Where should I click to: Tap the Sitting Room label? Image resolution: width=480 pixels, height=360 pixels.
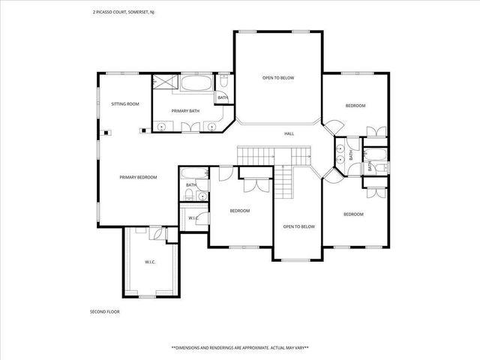[125, 103]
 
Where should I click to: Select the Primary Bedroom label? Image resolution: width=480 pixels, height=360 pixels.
[138, 177]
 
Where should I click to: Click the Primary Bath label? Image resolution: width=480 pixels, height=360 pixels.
[184, 111]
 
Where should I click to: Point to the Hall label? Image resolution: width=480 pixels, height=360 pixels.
[289, 133]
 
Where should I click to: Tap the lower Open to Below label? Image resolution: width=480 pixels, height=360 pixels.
[298, 226]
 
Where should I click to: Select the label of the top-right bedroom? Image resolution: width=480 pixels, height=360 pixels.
[355, 106]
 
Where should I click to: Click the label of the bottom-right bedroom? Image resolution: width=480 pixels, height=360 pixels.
[353, 214]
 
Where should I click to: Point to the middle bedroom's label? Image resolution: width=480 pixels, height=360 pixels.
[239, 211]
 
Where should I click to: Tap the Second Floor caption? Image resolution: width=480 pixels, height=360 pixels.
[104, 311]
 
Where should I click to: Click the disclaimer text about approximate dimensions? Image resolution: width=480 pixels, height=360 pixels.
[240, 348]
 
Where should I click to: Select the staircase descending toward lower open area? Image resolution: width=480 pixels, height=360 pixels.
[282, 182]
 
